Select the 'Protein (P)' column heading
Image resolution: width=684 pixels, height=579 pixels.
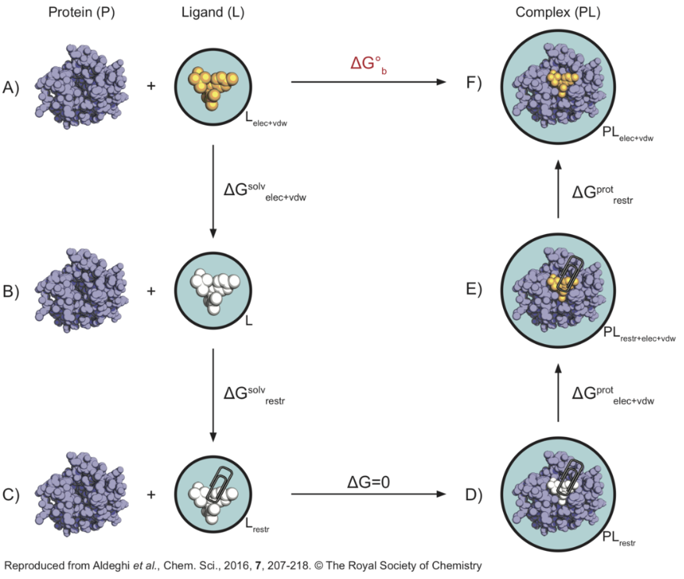(81, 14)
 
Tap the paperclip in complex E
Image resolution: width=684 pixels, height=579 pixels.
(572, 272)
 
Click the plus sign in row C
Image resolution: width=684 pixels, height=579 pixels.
(151, 493)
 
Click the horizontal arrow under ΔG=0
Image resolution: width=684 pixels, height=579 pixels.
(367, 494)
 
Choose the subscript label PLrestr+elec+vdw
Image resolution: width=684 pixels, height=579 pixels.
(639, 335)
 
